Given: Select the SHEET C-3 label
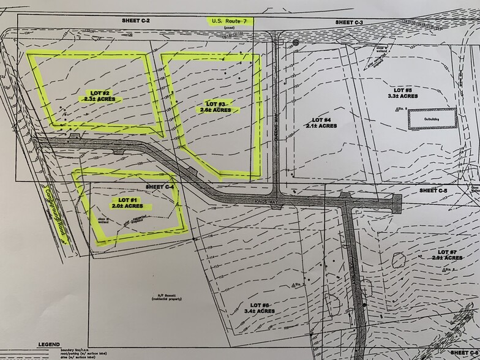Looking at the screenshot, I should pyautogui.click(x=350, y=22).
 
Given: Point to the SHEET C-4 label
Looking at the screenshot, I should pyautogui.click(x=161, y=186).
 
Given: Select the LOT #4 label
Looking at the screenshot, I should pyautogui.click(x=321, y=119).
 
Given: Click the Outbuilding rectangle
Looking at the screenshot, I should pyautogui.click(x=432, y=118).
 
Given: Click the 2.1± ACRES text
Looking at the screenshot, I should pyautogui.click(x=321, y=126).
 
